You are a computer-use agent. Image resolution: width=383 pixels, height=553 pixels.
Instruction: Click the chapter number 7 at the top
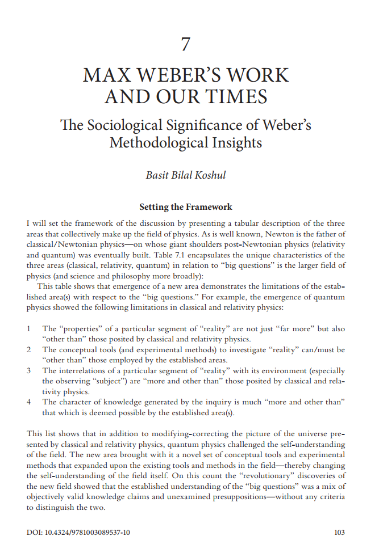tap(186, 44)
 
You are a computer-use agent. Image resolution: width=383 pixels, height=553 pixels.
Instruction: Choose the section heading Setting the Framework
tap(185, 207)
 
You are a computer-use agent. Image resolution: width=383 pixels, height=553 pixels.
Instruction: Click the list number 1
tap(29, 329)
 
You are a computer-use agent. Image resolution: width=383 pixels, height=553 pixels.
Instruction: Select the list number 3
tap(29, 370)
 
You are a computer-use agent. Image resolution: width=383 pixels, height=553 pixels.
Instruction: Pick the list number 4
tap(29, 402)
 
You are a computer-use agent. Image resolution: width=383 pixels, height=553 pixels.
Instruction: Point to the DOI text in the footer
tap(78, 533)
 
